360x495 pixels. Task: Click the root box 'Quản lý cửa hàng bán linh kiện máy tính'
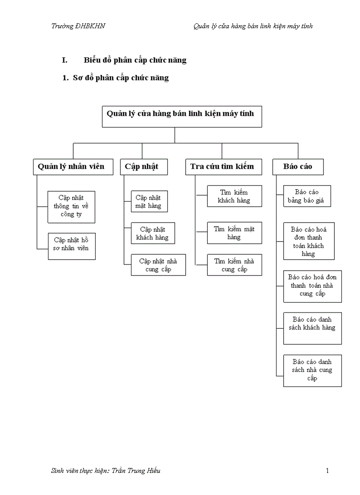pyautogui.click(x=181, y=116)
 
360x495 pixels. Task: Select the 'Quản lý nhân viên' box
pyautogui.click(x=71, y=167)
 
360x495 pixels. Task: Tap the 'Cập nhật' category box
pyautogui.click(x=142, y=167)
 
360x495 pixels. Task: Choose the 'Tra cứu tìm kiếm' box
pyautogui.click(x=222, y=167)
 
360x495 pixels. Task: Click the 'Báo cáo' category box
pyautogui.click(x=298, y=167)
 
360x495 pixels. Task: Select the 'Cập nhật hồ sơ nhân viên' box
pyautogui.click(x=71, y=244)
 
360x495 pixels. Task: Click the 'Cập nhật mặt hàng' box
pyautogui.click(x=149, y=201)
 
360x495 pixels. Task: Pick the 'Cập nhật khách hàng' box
pyautogui.click(x=149, y=234)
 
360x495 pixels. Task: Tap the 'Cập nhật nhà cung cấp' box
pyautogui.click(x=158, y=265)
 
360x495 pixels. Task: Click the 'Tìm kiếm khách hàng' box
pyautogui.click(x=234, y=196)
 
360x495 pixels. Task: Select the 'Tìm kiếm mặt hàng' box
pyautogui.click(x=234, y=233)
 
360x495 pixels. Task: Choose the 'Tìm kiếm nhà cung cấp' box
pyautogui.click(x=234, y=265)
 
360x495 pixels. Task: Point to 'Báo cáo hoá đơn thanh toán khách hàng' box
pyautogui.click(x=309, y=241)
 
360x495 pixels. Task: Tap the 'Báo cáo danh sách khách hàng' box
pyautogui.click(x=312, y=328)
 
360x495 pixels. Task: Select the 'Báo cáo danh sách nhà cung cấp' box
pyautogui.click(x=312, y=370)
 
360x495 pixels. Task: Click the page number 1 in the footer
pyautogui.click(x=327, y=471)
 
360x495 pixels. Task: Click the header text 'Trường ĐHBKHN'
pyautogui.click(x=78, y=26)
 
